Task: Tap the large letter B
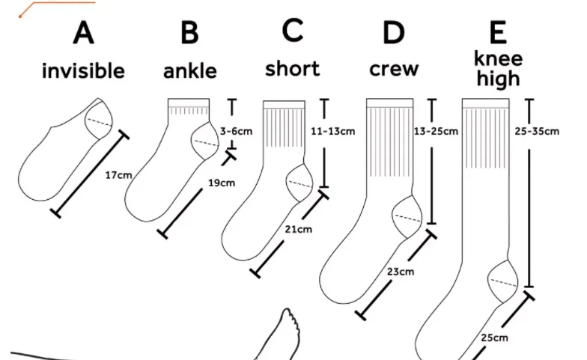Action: pyautogui.click(x=190, y=34)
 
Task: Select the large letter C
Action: pyautogui.click(x=293, y=31)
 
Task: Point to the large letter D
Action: pyautogui.click(x=393, y=33)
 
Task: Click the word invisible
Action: pyautogui.click(x=83, y=72)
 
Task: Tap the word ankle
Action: pyautogui.click(x=190, y=72)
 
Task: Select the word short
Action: pyautogui.click(x=292, y=69)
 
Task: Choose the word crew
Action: pyautogui.click(x=394, y=70)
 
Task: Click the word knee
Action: pyautogui.click(x=498, y=58)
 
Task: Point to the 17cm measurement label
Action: pyautogui.click(x=118, y=175)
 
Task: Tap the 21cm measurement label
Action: pyautogui.click(x=299, y=229)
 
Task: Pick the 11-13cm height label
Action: pyautogui.click(x=332, y=131)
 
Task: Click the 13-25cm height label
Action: pyautogui.click(x=436, y=131)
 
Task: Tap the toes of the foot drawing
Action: pyautogui.click(x=288, y=320)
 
